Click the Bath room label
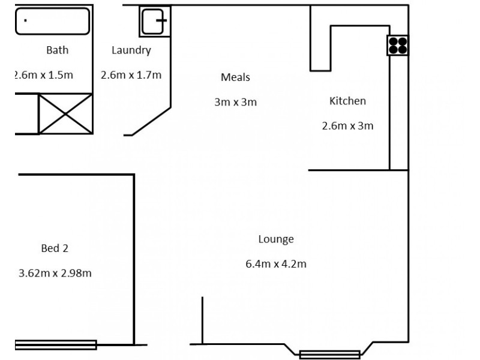click(x=57, y=50)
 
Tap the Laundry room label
click(x=131, y=50)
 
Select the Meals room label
click(x=235, y=77)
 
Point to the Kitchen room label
click(x=347, y=101)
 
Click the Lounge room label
click(x=276, y=239)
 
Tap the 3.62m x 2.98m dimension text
click(x=55, y=273)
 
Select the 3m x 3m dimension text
click(x=235, y=102)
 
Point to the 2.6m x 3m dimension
click(x=347, y=125)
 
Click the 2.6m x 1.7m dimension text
click(x=131, y=75)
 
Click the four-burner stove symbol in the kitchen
click(x=397, y=46)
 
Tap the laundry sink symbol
click(x=154, y=21)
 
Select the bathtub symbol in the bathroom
click(x=52, y=22)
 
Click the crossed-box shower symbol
click(x=65, y=113)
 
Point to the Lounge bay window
click(x=329, y=354)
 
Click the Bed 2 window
click(x=55, y=344)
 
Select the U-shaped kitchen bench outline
click(x=320, y=48)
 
